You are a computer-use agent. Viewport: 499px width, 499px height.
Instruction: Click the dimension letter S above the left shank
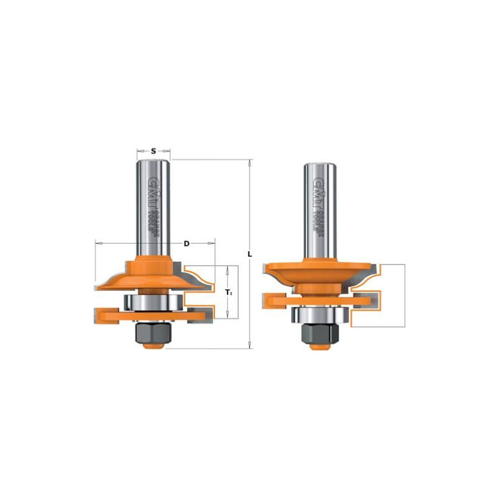click(x=153, y=150)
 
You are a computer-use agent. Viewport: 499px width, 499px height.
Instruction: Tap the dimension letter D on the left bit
click(x=186, y=243)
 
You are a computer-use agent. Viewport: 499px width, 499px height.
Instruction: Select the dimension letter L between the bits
click(x=249, y=254)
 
